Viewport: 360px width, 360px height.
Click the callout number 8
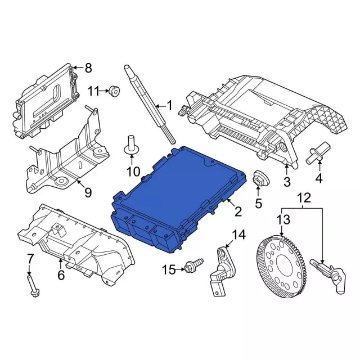pos(88,68)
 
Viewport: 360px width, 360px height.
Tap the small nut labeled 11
pos(114,90)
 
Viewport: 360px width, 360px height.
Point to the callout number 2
pos(238,211)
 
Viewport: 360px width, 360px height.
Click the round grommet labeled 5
pos(260,178)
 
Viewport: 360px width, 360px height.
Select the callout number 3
pos(287,181)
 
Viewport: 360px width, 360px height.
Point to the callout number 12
pos(304,197)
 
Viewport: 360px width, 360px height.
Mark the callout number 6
pos(61,276)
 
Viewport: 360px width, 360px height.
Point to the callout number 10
pos(133,171)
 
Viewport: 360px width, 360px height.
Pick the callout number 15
pos(169,270)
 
